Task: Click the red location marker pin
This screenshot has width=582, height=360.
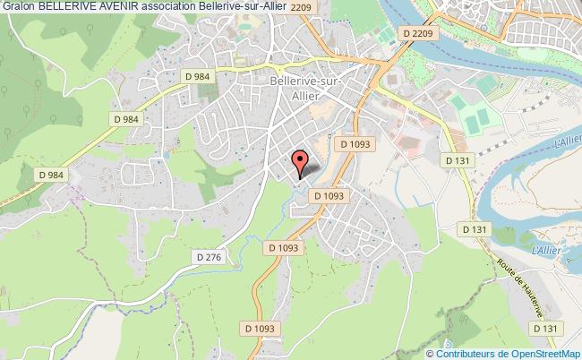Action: coord(303,162)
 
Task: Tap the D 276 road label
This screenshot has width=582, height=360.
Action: coord(208,256)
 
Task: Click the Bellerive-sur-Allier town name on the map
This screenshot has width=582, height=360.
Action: coord(305,89)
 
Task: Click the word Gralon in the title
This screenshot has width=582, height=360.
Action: coord(18,8)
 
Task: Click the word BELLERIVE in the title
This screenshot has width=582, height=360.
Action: coord(64,8)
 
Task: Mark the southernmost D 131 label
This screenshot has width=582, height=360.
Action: coord(548,330)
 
